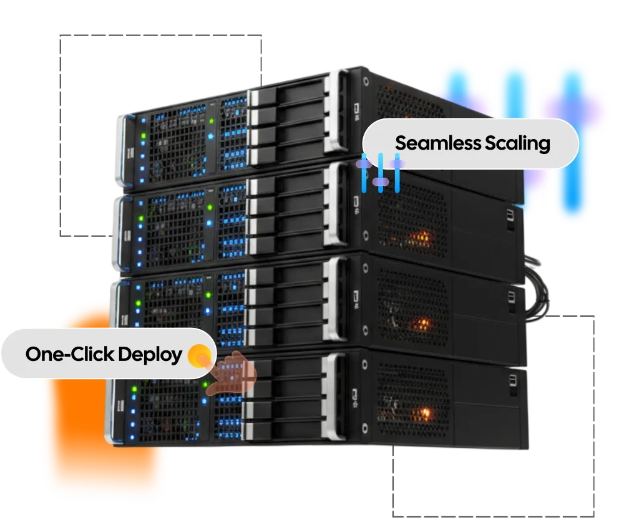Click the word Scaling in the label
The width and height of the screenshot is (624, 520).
point(517,144)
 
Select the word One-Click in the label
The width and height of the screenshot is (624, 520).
point(69,355)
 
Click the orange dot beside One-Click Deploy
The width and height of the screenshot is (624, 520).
point(200,355)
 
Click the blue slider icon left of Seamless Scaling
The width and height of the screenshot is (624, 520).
point(380,172)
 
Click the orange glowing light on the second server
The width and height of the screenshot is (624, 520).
point(422,238)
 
